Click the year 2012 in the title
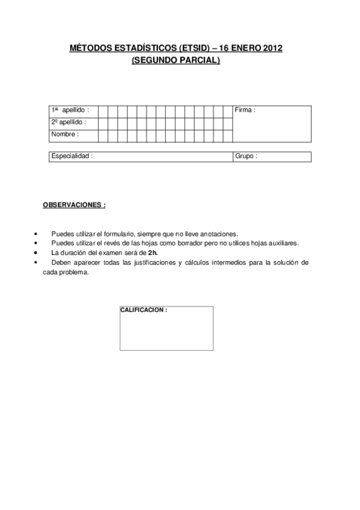pyautogui.click(x=270, y=49)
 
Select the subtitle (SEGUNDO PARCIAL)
pyautogui.click(x=175, y=60)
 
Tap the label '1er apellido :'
pyautogui.click(x=70, y=111)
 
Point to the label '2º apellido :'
pyautogui.click(x=69, y=122)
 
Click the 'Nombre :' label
pyautogui.click(x=65, y=134)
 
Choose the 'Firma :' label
pyautogui.click(x=245, y=111)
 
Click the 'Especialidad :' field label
pyautogui.click(x=72, y=156)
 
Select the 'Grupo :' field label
pyautogui.click(x=246, y=156)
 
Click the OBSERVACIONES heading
pyautogui.click(x=74, y=204)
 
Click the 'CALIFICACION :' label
pyautogui.click(x=144, y=310)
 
